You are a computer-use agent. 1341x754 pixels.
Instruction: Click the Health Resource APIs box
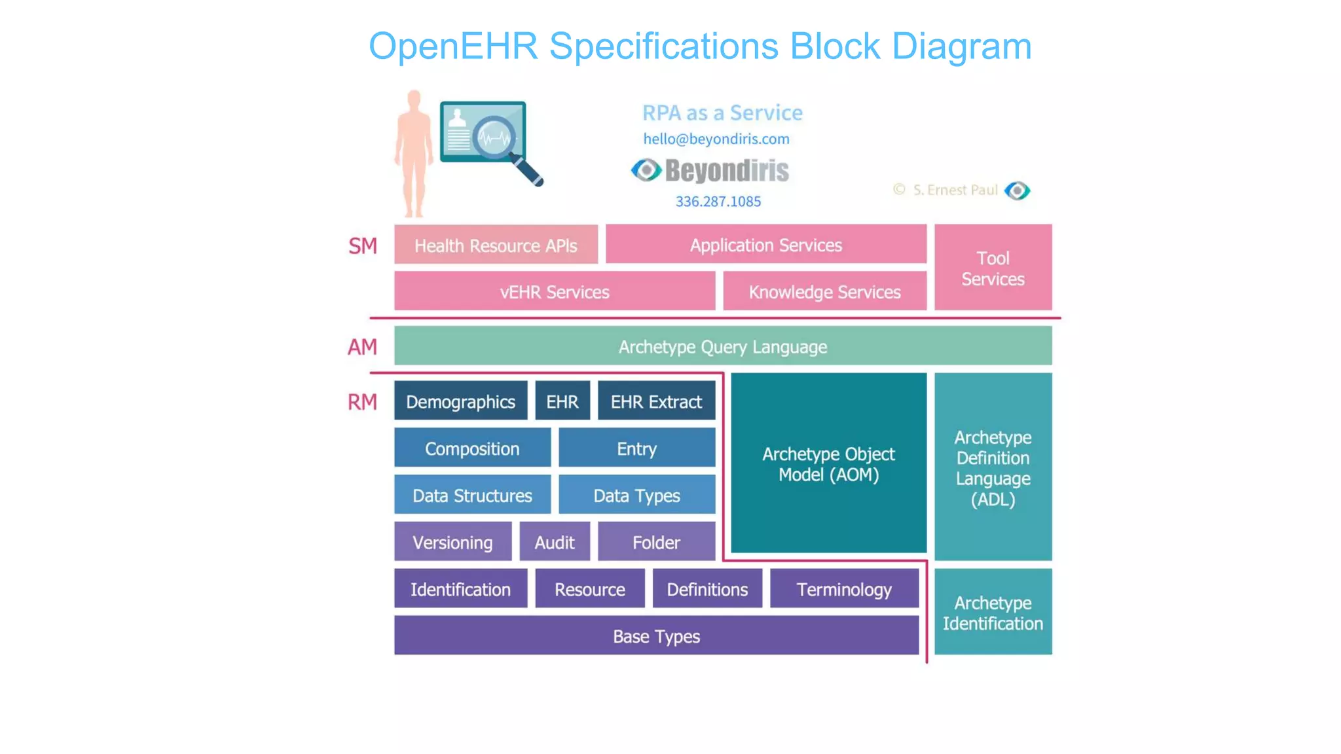tap(496, 245)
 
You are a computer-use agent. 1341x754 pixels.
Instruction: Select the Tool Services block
tap(993, 268)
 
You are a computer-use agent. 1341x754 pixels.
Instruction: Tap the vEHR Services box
tap(554, 291)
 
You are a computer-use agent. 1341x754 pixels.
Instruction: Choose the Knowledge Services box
tap(824, 291)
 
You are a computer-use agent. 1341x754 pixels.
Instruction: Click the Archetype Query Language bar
tap(722, 346)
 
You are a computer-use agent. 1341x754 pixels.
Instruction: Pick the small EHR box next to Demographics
tap(562, 401)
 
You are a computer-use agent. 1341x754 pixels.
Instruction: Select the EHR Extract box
tap(656, 401)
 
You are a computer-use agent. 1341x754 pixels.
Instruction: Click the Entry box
tap(636, 448)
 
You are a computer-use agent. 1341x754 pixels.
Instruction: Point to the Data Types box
tap(636, 495)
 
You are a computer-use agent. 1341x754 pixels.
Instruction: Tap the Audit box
tap(554, 542)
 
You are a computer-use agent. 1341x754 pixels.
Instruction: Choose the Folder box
tap(656, 542)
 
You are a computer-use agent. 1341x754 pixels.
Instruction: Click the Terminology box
tap(844, 589)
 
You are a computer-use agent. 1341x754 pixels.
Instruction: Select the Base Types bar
tap(656, 636)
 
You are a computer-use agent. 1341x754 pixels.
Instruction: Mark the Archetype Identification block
tap(993, 613)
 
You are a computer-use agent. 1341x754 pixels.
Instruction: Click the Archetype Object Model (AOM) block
tap(828, 463)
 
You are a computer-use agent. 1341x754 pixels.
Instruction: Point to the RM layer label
tap(362, 402)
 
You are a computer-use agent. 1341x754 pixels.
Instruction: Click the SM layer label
tap(362, 246)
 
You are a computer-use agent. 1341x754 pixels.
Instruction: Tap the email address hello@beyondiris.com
tap(716, 139)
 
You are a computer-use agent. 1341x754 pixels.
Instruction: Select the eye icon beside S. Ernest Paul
tap(1017, 190)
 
